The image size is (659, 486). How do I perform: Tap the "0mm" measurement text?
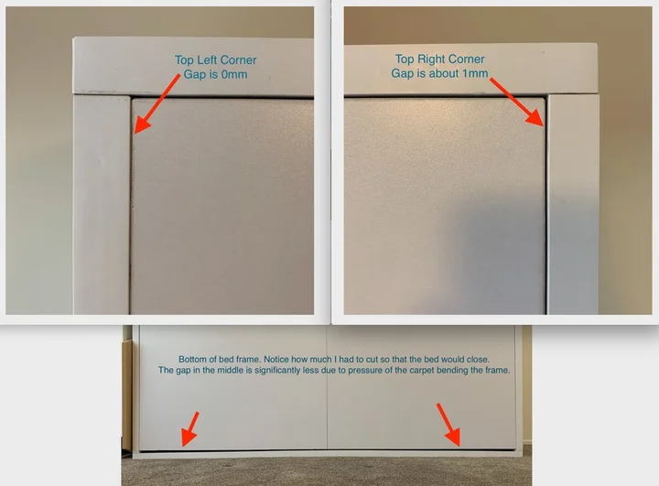234,74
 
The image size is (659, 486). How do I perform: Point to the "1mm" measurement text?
475,73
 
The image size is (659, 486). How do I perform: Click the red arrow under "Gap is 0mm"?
157,103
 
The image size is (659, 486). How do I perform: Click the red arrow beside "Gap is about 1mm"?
517,102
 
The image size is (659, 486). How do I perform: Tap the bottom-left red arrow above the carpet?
190,429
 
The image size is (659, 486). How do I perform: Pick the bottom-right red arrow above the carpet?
448,425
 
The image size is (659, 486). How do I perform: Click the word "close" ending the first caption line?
479,360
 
